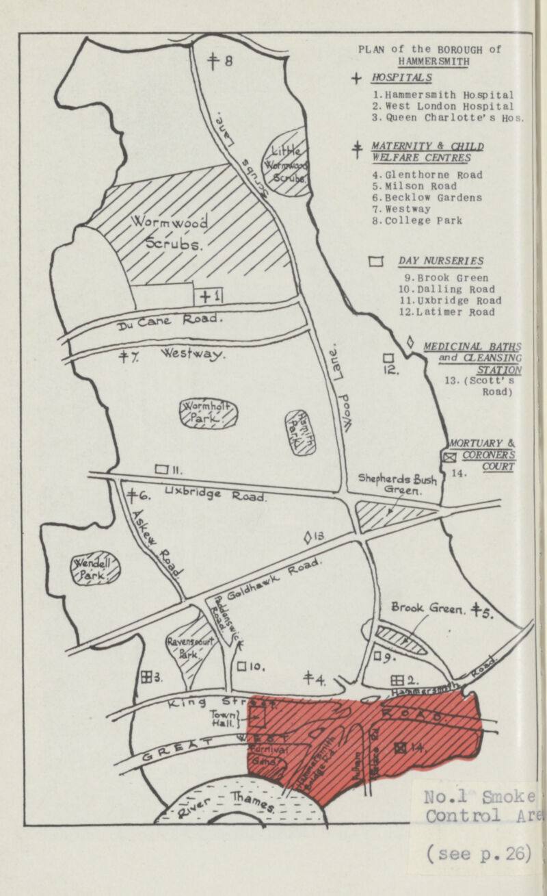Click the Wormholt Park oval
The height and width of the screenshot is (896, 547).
point(209,412)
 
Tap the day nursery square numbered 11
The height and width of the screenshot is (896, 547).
point(161,470)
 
